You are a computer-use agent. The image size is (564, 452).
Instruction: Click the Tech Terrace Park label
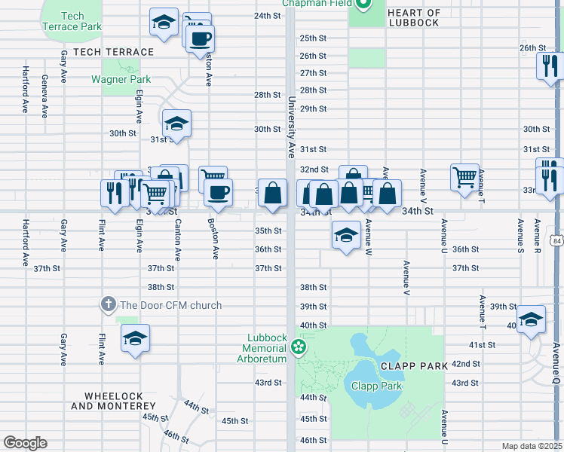pos(72,21)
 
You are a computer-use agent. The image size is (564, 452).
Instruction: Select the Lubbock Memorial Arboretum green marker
pos(299,347)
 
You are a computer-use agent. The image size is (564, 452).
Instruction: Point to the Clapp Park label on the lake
pos(376,386)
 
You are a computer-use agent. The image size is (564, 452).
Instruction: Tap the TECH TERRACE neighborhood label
pos(108,52)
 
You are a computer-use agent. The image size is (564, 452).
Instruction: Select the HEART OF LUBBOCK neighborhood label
pos(412,17)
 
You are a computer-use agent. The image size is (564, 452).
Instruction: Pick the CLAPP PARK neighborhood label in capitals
pos(414,365)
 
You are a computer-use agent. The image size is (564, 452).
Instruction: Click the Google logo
pos(25,443)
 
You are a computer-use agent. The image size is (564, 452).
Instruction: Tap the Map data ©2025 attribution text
pos(532,446)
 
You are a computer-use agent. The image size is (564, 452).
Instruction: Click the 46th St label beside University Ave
pos(313,439)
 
